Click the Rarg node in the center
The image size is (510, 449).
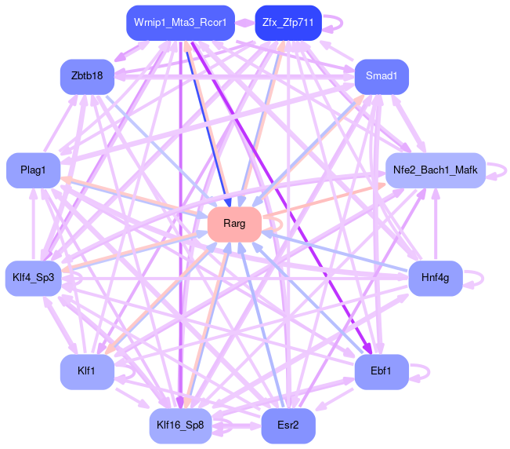(x=234, y=224)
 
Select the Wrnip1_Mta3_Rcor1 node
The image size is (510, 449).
(x=180, y=23)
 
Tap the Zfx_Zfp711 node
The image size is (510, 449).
(x=288, y=23)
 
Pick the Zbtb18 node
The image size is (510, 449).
(x=88, y=76)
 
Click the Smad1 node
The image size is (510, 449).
(x=382, y=76)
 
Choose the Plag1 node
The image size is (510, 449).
(x=34, y=170)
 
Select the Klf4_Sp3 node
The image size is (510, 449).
(x=34, y=278)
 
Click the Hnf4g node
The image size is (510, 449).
(x=435, y=278)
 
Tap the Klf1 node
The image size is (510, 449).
(x=88, y=371)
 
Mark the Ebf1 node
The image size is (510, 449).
(x=382, y=371)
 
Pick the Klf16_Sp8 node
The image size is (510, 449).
(x=180, y=425)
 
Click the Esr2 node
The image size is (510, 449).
(x=288, y=425)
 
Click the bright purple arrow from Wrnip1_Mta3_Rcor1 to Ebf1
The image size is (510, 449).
(x=282, y=196)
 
